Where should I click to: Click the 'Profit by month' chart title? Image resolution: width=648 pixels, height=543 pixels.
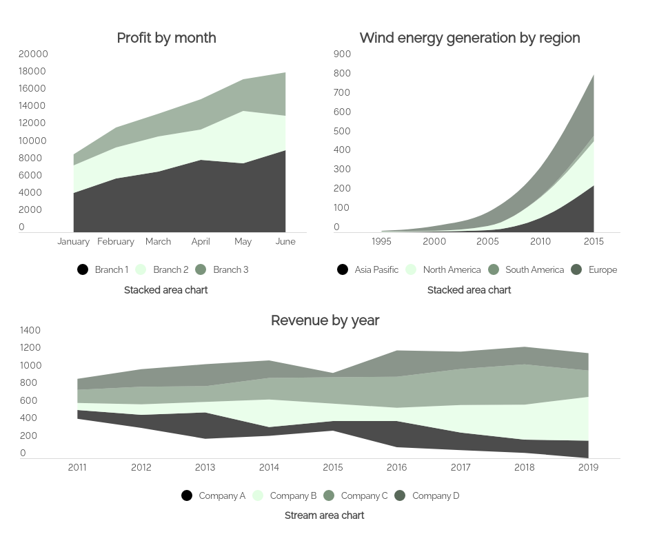coord(166,38)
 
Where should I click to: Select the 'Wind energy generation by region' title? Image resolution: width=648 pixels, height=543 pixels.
coord(469,38)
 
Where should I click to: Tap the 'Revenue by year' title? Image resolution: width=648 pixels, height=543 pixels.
coord(325,320)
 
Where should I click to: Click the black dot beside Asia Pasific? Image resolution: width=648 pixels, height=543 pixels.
coord(343,269)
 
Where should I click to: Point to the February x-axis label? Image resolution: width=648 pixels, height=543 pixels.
coord(116,241)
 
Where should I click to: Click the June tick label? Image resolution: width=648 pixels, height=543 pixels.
coord(285,241)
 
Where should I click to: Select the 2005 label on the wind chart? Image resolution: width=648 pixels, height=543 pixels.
coord(487,241)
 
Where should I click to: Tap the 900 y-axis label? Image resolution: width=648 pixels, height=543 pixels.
coord(342,54)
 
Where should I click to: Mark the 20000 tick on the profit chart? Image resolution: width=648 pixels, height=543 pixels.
coord(33,54)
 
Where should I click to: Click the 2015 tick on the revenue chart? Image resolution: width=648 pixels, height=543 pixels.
coord(333,467)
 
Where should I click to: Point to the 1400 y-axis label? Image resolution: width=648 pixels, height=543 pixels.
coord(30,330)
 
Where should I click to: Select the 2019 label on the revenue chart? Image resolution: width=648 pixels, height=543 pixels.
coord(588,467)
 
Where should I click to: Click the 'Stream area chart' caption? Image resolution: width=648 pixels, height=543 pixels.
coord(324,515)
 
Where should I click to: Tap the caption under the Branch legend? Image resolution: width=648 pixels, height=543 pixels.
coord(165,290)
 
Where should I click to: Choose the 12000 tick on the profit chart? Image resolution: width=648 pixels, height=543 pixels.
coord(33,123)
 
